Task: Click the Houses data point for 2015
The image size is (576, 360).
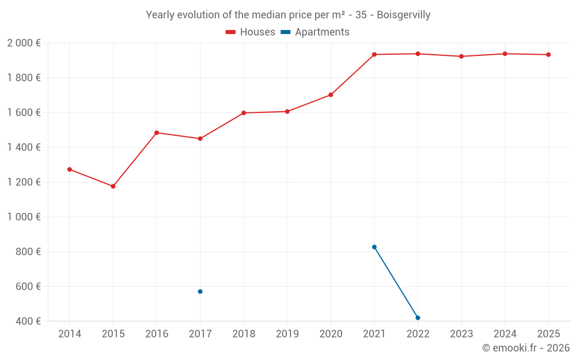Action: point(113,187)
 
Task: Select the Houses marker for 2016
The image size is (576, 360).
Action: point(157,132)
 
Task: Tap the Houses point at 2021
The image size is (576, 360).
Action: point(374,55)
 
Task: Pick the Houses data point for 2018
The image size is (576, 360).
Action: point(244,113)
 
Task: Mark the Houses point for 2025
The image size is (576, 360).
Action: point(548,55)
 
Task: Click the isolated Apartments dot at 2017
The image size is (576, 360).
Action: point(200,291)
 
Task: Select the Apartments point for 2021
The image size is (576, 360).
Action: point(374,247)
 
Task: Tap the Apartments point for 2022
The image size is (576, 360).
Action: point(418,318)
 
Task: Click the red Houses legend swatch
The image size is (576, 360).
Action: point(230,32)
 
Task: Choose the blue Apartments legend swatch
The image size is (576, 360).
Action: point(285,32)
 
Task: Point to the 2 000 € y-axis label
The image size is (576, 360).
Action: point(24,43)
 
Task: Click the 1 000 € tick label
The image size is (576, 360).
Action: point(24,217)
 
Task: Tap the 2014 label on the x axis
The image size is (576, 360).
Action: point(70,334)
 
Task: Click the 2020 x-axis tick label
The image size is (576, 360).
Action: point(331,334)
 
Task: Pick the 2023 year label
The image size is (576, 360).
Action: point(461,334)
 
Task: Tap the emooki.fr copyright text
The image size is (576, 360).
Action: point(526,348)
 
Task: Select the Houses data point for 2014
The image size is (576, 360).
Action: point(70,169)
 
